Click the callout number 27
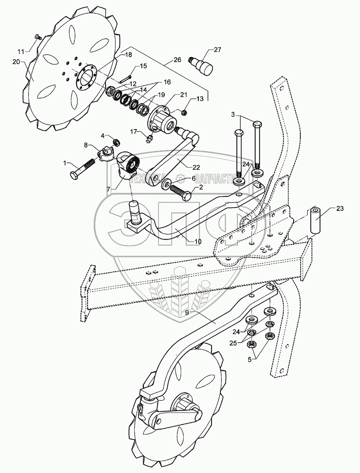(x=217, y=50)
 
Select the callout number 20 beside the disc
(x=16, y=62)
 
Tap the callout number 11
(x=20, y=52)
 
